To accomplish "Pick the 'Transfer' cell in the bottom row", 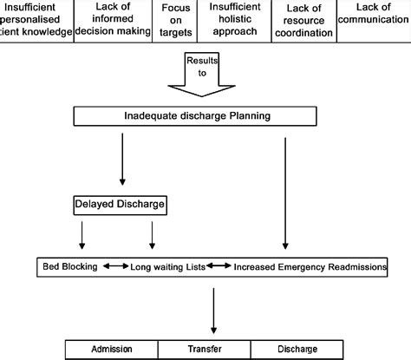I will pos(209,350).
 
